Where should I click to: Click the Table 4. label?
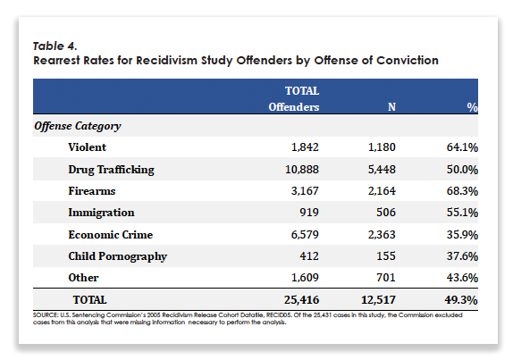click(55, 46)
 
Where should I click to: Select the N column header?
click(391, 107)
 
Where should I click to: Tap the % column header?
click(472, 107)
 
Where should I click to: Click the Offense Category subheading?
click(78, 126)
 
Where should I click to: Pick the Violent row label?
click(87, 147)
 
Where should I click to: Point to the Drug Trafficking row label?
click(111, 170)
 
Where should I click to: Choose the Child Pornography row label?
click(117, 256)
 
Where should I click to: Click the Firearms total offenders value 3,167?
click(305, 191)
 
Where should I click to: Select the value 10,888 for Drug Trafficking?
click(302, 170)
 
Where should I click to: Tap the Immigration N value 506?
click(386, 213)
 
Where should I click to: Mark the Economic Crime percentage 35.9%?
click(462, 235)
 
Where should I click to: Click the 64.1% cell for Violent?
click(462, 147)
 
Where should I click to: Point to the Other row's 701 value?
click(386, 278)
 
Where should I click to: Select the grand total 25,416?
click(301, 300)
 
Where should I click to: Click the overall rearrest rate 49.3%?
click(460, 300)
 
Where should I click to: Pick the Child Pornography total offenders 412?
click(309, 256)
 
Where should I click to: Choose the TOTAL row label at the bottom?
click(89, 300)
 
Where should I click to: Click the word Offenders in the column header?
click(294, 107)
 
